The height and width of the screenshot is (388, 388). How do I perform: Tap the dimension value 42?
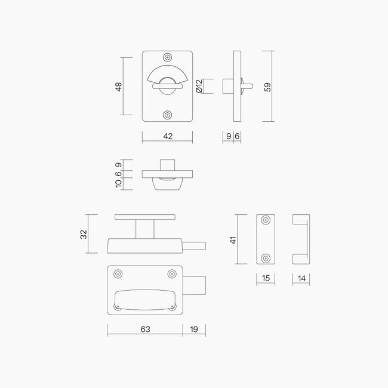[x=168, y=136]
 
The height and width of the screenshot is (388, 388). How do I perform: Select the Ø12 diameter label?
[x=200, y=87]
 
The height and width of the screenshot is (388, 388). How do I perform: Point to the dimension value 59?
[x=267, y=87]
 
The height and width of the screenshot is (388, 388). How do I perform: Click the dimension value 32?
[x=84, y=233]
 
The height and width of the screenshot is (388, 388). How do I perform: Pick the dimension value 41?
[x=233, y=239]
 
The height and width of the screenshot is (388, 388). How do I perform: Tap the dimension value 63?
[x=144, y=329]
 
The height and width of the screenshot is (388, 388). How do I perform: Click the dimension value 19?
[x=194, y=329]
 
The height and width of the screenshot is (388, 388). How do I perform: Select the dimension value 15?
[x=266, y=278]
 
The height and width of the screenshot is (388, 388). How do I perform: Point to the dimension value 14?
[x=301, y=278]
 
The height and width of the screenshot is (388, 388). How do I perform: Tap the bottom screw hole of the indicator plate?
[x=168, y=115]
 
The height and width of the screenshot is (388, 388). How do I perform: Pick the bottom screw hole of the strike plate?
[x=266, y=258]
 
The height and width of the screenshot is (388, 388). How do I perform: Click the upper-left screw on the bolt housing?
[x=118, y=274]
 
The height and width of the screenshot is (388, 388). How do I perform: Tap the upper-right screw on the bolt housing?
[x=172, y=274]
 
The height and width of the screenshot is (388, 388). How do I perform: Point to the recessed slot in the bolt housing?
[x=145, y=298]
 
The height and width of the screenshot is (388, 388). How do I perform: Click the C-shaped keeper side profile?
[x=301, y=239]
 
